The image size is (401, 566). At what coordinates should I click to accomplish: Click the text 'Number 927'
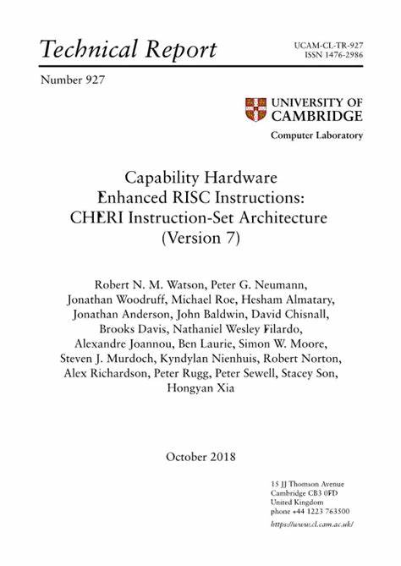(x=73, y=80)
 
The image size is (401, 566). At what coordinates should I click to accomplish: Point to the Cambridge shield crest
(x=255, y=109)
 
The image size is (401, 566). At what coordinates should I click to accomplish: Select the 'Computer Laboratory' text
(x=316, y=135)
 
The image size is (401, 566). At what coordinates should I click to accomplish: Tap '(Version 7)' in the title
(x=200, y=238)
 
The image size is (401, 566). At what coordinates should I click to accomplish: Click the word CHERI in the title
(x=97, y=217)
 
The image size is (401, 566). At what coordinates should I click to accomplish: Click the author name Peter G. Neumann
(x=258, y=282)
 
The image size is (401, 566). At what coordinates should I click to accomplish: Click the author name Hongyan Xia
(x=200, y=389)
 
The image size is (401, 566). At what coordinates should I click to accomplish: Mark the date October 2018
(x=200, y=457)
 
